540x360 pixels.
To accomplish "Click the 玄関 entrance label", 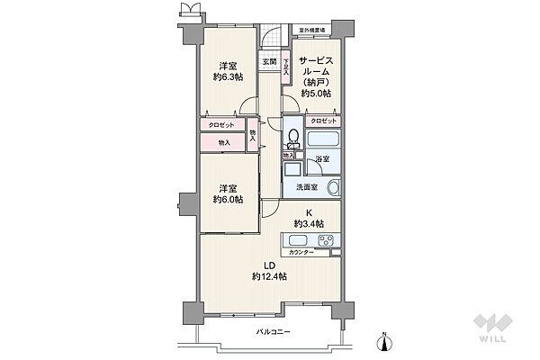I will click(x=269, y=61).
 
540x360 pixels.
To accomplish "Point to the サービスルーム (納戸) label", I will click(x=316, y=73).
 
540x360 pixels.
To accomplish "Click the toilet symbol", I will click(x=293, y=139).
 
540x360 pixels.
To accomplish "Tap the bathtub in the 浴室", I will click(x=322, y=140).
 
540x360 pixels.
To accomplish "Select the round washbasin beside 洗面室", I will click(x=333, y=188).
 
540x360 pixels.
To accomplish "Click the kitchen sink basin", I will click(x=299, y=240).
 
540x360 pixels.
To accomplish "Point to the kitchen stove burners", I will click(x=324, y=240).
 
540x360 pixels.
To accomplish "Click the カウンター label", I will click(x=301, y=253).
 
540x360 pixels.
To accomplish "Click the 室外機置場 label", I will click(x=312, y=30).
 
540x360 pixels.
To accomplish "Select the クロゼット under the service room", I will click(x=323, y=121).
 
